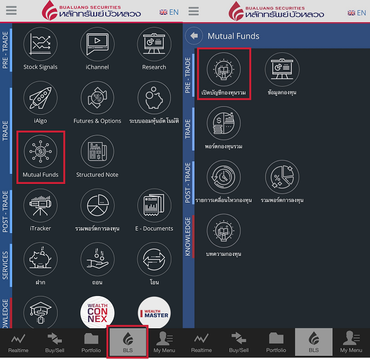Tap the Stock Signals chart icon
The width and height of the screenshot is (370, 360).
point(40,44)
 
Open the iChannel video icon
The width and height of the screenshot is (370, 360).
point(97,44)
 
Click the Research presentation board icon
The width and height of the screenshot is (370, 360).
point(154,44)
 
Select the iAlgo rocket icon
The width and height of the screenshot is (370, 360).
point(40,98)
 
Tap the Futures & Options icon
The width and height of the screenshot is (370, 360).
point(97,98)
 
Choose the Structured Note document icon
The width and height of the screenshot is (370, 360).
point(97,152)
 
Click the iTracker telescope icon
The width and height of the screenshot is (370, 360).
point(40,206)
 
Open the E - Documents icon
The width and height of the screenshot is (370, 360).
point(154,206)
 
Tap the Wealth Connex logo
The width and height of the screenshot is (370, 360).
point(97,312)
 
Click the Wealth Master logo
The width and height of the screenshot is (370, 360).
point(154,312)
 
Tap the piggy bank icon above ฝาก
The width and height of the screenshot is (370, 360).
point(40,259)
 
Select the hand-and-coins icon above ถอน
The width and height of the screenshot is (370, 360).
point(97,259)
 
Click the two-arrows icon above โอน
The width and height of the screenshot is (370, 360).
point(154,259)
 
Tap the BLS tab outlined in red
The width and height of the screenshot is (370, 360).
point(127,341)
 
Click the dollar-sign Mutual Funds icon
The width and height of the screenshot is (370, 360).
point(40,152)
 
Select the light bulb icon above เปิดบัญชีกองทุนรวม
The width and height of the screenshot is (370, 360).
point(224,69)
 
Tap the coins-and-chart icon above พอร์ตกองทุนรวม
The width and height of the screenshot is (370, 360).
point(224,123)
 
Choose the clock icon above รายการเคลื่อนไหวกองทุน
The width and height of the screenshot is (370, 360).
point(224,177)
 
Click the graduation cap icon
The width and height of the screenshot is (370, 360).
point(40,312)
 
